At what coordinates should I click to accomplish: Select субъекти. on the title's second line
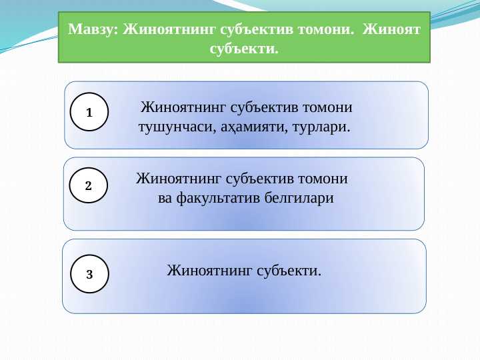pyautogui.click(x=244, y=49)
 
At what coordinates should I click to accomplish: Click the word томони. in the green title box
pyautogui.click(x=325, y=30)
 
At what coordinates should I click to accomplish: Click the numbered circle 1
pyautogui.click(x=89, y=111)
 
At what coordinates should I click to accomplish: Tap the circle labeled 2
pyautogui.click(x=89, y=186)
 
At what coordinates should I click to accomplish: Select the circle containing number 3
pyautogui.click(x=89, y=274)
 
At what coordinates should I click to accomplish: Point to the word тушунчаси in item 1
pyautogui.click(x=175, y=126)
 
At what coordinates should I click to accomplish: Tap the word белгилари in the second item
pyautogui.click(x=299, y=198)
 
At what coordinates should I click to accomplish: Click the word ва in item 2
pyautogui.click(x=165, y=198)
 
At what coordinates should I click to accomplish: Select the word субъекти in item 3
pyautogui.click(x=290, y=270)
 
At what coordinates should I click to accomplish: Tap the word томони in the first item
pyautogui.click(x=327, y=107)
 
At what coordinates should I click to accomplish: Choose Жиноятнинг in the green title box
pyautogui.click(x=165, y=30)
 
